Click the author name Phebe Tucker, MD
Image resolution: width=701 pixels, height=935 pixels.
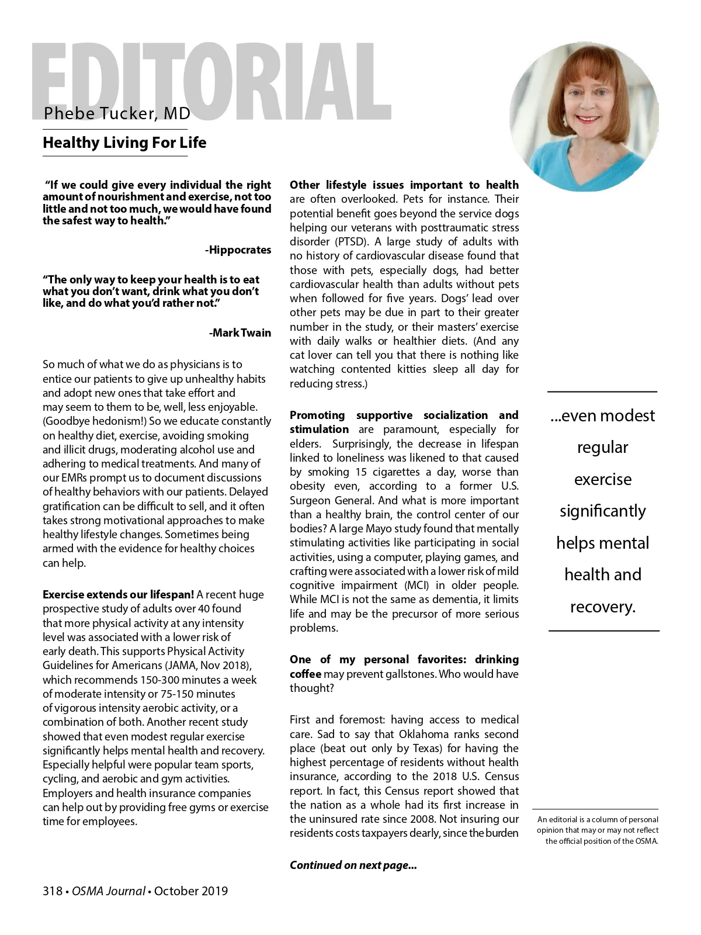tap(117, 113)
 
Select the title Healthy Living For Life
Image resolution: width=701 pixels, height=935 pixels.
tap(124, 143)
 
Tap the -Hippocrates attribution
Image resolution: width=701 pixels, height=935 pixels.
tap(238, 250)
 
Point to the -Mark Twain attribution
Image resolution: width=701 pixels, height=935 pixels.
tap(240, 333)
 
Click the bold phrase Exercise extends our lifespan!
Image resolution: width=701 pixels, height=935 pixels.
tap(118, 595)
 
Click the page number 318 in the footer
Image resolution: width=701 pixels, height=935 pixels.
tap(52, 891)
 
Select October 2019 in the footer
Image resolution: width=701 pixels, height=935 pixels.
tap(191, 891)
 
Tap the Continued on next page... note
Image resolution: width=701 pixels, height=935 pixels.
tap(353, 865)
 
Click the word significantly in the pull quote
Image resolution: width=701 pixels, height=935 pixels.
tap(603, 511)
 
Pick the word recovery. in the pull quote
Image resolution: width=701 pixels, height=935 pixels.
tap(603, 607)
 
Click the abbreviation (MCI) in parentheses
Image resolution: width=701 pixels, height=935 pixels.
tap(417, 586)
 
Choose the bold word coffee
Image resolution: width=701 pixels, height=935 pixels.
tap(306, 674)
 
